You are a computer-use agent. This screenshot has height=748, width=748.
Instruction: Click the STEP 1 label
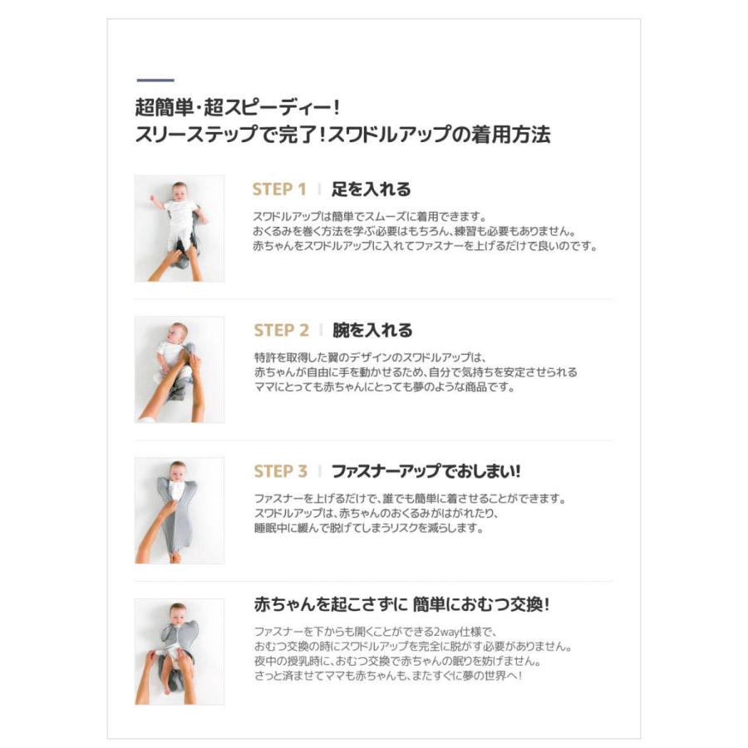click(279, 189)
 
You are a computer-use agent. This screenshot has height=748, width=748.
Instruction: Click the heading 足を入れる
click(371, 189)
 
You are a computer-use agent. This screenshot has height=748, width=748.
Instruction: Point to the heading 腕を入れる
click(372, 331)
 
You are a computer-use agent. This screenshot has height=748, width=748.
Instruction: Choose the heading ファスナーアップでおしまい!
click(426, 472)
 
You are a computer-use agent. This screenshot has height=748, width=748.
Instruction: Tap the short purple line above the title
click(155, 81)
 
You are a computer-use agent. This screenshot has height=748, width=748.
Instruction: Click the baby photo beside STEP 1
click(180, 229)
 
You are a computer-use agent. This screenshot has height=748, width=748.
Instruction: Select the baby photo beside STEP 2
click(180, 370)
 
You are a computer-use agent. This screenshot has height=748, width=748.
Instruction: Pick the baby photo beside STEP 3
click(180, 510)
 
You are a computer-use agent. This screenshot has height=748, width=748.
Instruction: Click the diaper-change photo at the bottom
click(180, 652)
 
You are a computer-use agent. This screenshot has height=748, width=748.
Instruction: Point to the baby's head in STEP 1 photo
click(179, 189)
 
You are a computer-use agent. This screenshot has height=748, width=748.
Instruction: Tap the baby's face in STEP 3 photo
click(178, 472)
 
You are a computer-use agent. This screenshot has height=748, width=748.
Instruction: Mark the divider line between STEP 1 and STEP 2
click(374, 299)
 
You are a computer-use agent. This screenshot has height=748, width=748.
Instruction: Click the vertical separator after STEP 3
click(320, 472)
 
